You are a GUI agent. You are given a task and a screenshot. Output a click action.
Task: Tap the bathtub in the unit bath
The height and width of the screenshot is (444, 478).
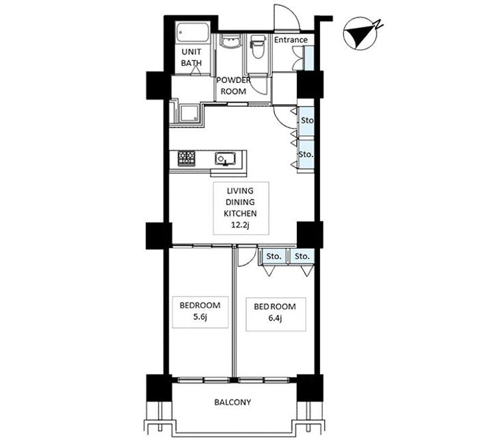pyautogui.click(x=193, y=34)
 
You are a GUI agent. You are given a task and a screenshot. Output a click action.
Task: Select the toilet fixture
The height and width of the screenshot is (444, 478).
pyautogui.click(x=258, y=46)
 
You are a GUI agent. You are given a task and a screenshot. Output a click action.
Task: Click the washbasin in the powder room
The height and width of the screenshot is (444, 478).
pyautogui.click(x=231, y=41)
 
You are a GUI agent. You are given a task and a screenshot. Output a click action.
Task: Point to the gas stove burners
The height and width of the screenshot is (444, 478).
pyautogui.click(x=187, y=158)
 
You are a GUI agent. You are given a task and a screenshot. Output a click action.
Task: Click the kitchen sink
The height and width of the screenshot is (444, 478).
pyautogui.click(x=225, y=159)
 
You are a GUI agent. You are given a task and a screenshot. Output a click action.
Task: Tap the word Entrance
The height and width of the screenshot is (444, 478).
pyautogui.click(x=291, y=40)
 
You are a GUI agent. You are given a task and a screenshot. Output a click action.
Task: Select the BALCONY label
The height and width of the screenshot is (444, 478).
pyautogui.click(x=232, y=402)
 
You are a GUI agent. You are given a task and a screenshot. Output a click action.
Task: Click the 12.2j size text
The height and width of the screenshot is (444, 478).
pyautogui.click(x=240, y=225)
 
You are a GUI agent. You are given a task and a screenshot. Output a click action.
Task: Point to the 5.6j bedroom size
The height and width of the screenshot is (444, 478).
pyautogui.click(x=200, y=317)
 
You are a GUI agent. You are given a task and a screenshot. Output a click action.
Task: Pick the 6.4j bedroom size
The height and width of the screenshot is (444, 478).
pyautogui.click(x=275, y=319)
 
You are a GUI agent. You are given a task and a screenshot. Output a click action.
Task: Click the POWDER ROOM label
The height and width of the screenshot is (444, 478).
pyautogui.click(x=234, y=86)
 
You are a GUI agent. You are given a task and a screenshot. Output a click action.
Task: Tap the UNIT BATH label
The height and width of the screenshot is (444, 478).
pyautogui.click(x=191, y=57)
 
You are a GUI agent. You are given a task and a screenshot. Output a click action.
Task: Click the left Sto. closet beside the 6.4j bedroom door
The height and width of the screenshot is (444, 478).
pyautogui.click(x=274, y=256)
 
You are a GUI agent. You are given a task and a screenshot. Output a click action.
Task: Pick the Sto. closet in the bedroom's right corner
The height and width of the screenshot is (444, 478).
pyautogui.click(x=302, y=256)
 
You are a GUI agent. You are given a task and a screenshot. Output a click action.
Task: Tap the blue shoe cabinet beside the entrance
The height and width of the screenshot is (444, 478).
pyautogui.click(x=309, y=58)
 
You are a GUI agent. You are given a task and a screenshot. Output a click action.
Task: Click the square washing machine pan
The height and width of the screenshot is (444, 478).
pyautogui.click(x=189, y=113)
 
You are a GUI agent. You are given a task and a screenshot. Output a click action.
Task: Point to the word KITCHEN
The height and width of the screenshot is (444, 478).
pyautogui.click(x=240, y=213)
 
